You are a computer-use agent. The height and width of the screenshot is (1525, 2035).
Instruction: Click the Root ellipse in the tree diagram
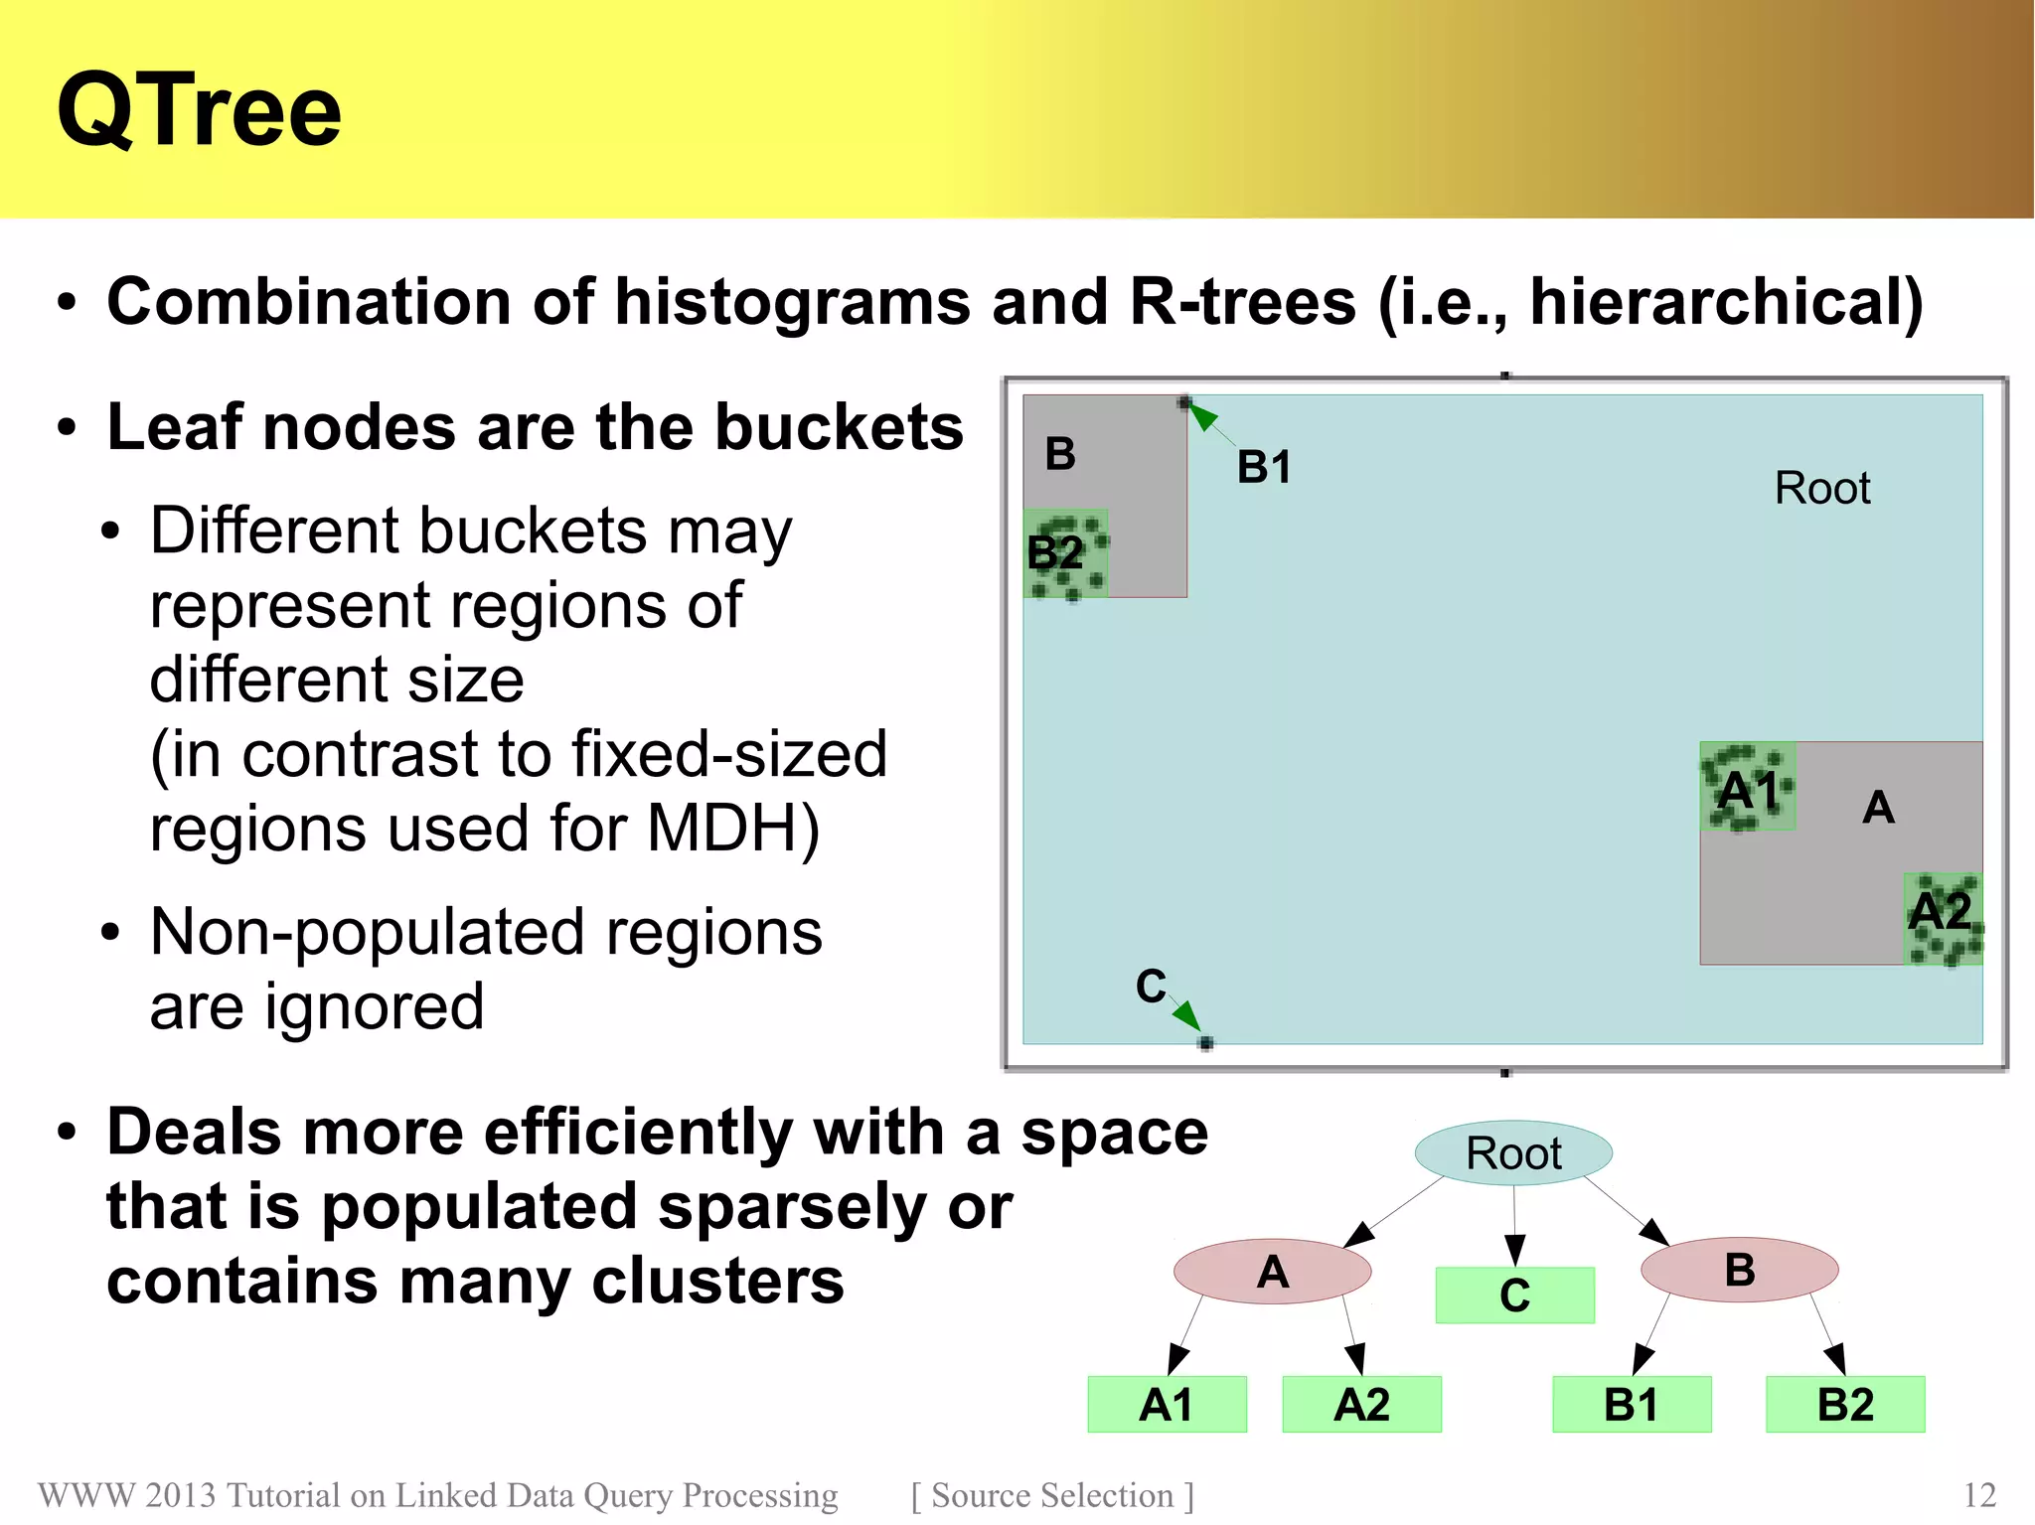[x=1513, y=1153]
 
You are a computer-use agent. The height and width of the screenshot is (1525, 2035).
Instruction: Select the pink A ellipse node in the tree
[x=1272, y=1272]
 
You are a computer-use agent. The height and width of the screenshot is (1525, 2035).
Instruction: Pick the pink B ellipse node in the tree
[x=1739, y=1270]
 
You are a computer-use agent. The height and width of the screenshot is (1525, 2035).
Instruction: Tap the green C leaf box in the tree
[x=1514, y=1296]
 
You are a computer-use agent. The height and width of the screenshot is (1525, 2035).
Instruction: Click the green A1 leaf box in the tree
[x=1167, y=1405]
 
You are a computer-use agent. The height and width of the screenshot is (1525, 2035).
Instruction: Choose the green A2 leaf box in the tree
[x=1361, y=1405]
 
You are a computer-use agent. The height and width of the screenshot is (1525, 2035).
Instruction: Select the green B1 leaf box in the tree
[x=1632, y=1405]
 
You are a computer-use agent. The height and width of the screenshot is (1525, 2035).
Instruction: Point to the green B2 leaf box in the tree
[x=1845, y=1405]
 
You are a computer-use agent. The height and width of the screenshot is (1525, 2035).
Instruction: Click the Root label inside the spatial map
[x=1822, y=489]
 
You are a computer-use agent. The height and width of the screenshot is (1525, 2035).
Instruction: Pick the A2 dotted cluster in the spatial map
[x=1943, y=919]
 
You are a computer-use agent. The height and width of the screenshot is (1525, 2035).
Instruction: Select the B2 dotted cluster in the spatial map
[x=1065, y=554]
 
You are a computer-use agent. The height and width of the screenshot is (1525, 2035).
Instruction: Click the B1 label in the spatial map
[x=1264, y=467]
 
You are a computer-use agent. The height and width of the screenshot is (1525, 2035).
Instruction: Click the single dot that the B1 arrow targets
[x=1184, y=402]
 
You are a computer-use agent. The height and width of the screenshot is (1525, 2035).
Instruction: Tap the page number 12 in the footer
[x=1979, y=1495]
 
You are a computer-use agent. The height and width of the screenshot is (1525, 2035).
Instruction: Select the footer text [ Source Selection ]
[x=1052, y=1495]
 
